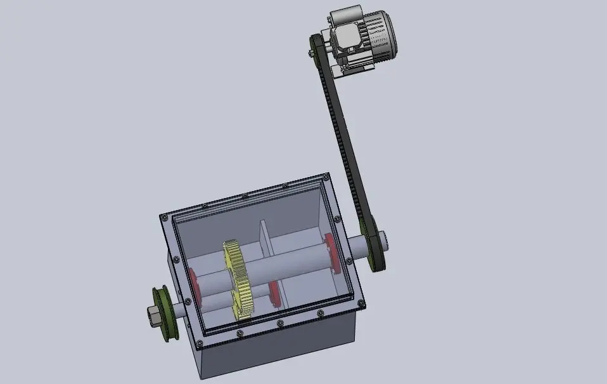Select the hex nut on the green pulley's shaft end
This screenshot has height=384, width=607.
pyautogui.click(x=153, y=314)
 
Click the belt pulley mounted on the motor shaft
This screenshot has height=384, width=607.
pyautogui.click(x=316, y=50)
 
